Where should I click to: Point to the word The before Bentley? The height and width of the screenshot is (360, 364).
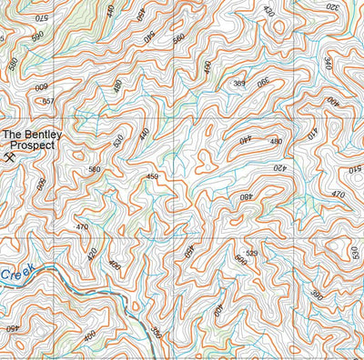tap(13, 135)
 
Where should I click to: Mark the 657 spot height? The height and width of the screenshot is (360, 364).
tap(48, 101)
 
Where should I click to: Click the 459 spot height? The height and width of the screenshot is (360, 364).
tap(153, 176)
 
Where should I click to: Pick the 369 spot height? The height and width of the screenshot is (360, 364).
tap(238, 84)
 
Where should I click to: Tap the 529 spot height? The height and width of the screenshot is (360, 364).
tap(253, 253)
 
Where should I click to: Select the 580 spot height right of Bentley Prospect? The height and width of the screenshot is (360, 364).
tap(95, 169)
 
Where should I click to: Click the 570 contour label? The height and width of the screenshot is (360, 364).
tap(40, 17)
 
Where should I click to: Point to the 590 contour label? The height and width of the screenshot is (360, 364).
tap(37, 36)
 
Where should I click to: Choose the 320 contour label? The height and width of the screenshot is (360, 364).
tap(332, 7)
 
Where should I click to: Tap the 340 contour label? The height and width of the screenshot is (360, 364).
tap(329, 63)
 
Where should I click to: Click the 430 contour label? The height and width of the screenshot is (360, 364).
tap(268, 11)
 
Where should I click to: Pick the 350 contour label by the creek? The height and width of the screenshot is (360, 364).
tap(156, 333)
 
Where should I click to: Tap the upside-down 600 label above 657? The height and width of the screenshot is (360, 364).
tap(42, 87)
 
